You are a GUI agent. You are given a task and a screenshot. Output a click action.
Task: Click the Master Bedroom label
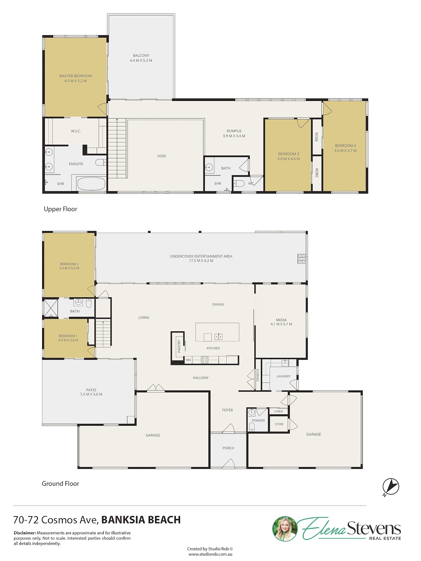[x=75, y=76]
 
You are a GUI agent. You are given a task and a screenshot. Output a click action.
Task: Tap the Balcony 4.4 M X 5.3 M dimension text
[x=141, y=61]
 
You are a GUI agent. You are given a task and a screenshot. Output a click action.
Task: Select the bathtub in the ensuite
[x=91, y=184]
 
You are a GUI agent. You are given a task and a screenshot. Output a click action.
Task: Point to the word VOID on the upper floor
[x=161, y=156]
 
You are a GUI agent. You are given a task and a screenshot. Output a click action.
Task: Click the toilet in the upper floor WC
[x=240, y=183]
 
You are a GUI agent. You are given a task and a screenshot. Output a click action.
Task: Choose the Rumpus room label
[x=234, y=131]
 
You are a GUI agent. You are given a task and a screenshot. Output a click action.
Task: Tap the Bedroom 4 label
[x=345, y=146]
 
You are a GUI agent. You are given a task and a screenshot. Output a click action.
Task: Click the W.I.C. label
[x=76, y=131]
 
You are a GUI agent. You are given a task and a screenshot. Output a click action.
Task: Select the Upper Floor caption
[x=60, y=209]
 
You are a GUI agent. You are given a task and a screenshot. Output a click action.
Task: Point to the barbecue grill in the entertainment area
[x=301, y=258]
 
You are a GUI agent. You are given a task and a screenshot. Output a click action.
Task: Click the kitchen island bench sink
[x=218, y=337]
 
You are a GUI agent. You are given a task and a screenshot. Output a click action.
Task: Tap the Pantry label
[x=179, y=346]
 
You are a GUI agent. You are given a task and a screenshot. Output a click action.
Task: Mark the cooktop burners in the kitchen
[x=205, y=360]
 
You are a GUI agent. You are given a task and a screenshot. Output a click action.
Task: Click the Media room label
[x=281, y=320]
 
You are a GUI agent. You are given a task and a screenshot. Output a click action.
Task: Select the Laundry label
[x=283, y=376]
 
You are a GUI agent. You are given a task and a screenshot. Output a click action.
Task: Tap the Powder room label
[x=259, y=420]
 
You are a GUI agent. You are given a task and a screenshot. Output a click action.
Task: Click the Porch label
[x=228, y=448]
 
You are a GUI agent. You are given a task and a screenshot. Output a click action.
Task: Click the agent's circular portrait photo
[x=285, y=529]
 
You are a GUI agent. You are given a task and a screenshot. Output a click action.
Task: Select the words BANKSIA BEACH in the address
[x=141, y=520]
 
